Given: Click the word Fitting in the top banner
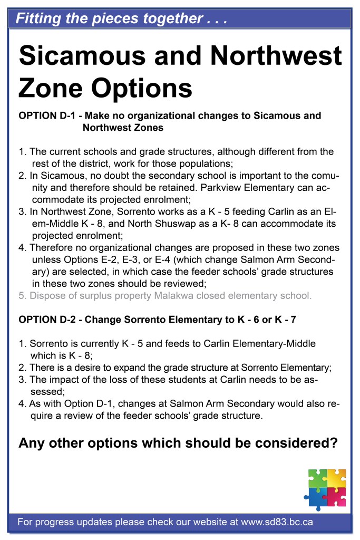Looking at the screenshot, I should click(x=37, y=19).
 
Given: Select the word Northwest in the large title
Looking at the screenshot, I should click(x=277, y=56).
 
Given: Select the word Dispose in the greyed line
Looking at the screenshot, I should click(x=46, y=295).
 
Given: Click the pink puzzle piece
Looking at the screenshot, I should click(x=336, y=496).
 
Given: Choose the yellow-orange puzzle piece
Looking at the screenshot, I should click(x=336, y=477).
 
